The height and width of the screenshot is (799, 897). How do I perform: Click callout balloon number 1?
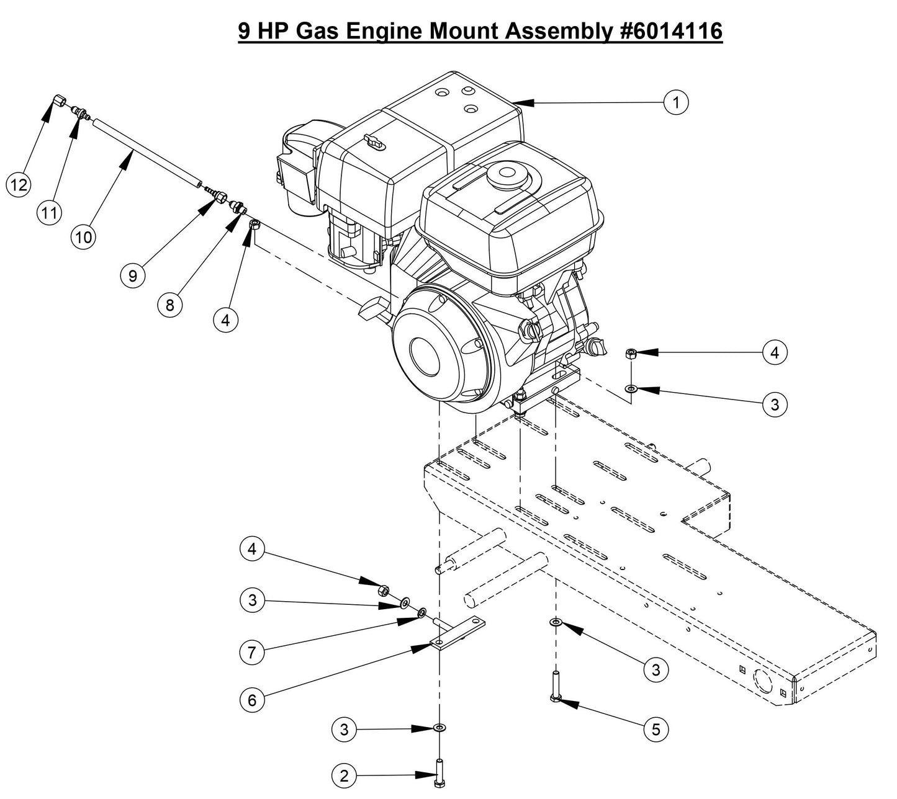(676, 102)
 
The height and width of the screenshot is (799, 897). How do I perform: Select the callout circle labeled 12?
(19, 184)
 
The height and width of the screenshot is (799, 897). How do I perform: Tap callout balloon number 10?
(84, 237)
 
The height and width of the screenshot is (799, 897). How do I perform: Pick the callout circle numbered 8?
(170, 305)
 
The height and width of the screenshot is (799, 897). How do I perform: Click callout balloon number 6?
(252, 700)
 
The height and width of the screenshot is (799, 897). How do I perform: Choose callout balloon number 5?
(656, 730)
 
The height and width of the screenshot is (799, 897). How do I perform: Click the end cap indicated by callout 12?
(60, 100)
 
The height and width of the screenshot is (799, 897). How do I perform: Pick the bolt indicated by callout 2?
(440, 773)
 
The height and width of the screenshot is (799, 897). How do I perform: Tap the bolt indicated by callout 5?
(556, 689)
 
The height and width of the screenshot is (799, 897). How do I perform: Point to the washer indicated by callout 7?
(421, 613)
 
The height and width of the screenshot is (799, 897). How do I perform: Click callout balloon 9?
(132, 275)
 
